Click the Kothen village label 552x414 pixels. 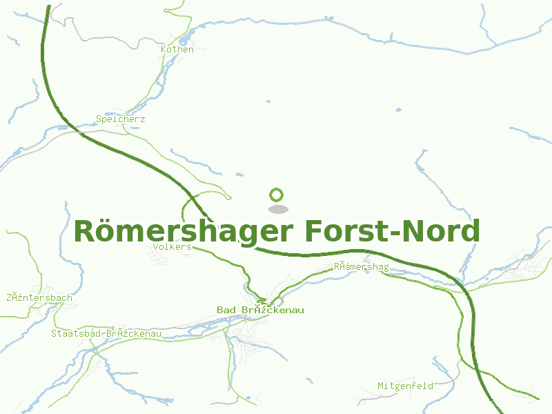[x=177, y=50]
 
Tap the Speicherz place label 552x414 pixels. [x=121, y=119]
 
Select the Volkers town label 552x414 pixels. [x=172, y=246]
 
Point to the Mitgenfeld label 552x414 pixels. [x=405, y=386]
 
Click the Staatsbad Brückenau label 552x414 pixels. [x=106, y=334]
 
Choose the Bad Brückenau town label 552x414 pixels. [x=260, y=310]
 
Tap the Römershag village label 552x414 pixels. [x=361, y=267]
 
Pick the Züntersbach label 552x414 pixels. [x=39, y=298]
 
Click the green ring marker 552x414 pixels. [x=277, y=195]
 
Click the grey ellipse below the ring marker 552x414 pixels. [x=277, y=209]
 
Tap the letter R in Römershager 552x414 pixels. [x=84, y=232]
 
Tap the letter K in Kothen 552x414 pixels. [x=164, y=50]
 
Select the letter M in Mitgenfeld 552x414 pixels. [x=381, y=386]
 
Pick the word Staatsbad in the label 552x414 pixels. [x=74, y=334]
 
